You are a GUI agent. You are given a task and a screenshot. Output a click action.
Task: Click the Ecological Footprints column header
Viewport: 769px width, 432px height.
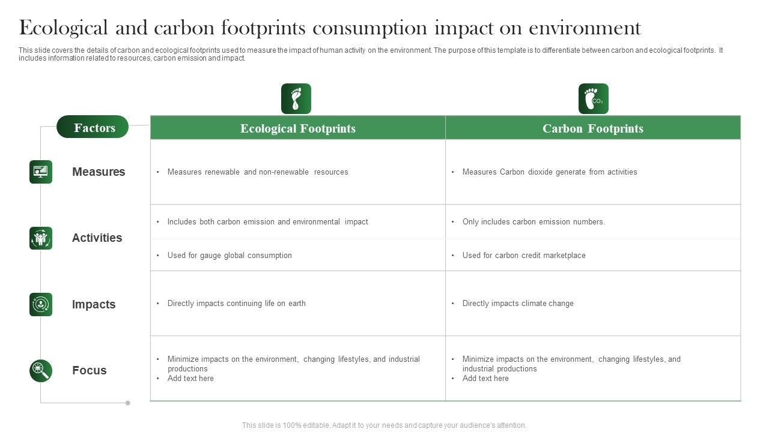298,128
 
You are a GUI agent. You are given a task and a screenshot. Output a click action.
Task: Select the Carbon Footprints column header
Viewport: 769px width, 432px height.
593,128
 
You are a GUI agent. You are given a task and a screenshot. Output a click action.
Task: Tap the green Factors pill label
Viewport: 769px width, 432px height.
93,127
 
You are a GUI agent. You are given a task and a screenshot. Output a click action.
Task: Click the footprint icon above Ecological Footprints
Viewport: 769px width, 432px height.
296,99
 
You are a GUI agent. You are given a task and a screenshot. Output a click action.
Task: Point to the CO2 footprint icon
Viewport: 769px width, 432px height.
594,99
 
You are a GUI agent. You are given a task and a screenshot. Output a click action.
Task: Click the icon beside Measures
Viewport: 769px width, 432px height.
41,172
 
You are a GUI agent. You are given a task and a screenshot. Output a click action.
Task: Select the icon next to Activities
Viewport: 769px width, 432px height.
41,238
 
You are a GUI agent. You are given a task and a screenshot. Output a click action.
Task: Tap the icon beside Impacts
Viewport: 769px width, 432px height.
41,304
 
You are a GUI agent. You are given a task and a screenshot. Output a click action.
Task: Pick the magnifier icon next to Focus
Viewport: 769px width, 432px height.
41,371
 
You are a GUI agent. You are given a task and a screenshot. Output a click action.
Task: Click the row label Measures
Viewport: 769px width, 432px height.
99,172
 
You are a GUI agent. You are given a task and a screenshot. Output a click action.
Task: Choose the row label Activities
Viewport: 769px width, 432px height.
97,238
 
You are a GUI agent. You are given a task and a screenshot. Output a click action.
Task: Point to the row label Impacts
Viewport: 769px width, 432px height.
94,305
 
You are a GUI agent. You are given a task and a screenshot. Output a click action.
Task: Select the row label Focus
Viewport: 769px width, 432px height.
89,371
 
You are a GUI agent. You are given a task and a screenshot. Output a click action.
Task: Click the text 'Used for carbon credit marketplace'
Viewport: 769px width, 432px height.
524,256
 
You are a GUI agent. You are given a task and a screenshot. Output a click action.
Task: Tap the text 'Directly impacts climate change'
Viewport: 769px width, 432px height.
518,304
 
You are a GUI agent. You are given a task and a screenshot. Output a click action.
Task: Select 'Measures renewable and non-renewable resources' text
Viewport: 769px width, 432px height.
258,172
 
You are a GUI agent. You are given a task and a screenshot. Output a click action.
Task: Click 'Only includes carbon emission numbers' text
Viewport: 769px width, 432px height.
533,222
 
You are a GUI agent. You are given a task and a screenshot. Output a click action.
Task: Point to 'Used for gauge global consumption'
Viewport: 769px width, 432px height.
229,256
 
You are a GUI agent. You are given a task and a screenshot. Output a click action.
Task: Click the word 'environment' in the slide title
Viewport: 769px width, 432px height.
585,28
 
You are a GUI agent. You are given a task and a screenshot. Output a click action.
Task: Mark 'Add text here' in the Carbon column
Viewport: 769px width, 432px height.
485,379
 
